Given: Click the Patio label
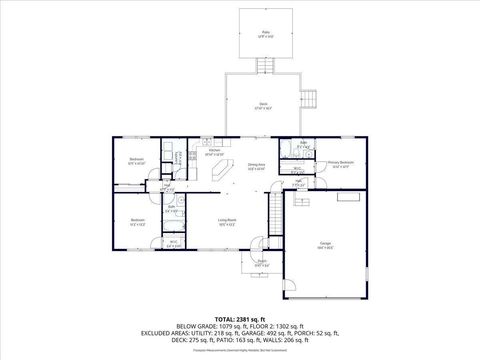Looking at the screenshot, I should pyautogui.click(x=265, y=33).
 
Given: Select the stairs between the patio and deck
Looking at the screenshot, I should pyautogui.click(x=265, y=66).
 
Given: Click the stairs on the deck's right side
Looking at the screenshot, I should pyautogui.click(x=311, y=100).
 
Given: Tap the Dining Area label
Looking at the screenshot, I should pyautogui.click(x=256, y=166).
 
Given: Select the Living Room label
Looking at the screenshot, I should pyautogui.click(x=226, y=221).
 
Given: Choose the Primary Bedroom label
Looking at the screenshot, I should pyautogui.click(x=342, y=163).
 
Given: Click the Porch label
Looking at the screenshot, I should pyautogui.click(x=261, y=264).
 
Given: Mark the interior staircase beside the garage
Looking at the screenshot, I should pyautogui.click(x=275, y=210).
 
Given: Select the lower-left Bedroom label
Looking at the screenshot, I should pyautogui.click(x=137, y=221).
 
